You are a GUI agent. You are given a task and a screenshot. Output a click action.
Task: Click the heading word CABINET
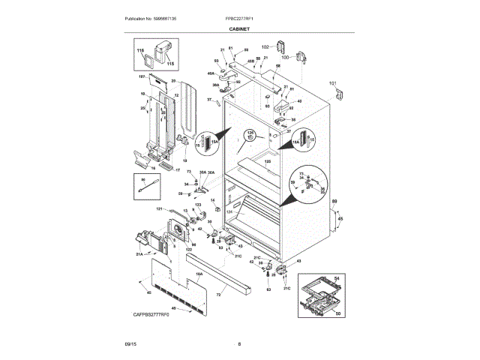click(240, 28)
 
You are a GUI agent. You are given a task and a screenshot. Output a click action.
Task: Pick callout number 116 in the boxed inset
click(139, 49)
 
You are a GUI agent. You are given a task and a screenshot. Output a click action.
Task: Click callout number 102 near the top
click(265, 46)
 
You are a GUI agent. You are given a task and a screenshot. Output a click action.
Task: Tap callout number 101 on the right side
click(333, 83)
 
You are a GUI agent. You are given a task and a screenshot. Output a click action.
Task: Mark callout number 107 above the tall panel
click(141, 76)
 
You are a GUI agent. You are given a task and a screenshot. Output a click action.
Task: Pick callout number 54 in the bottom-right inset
click(337, 279)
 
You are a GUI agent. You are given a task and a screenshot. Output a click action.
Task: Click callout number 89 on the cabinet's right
click(334, 201)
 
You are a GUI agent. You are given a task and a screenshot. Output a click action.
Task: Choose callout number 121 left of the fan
click(159, 209)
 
